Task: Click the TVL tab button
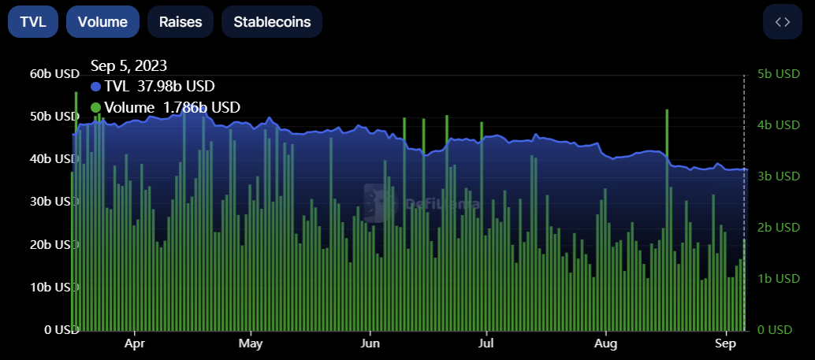33,22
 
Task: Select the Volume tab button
102,22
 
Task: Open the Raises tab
180,22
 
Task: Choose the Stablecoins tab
272,22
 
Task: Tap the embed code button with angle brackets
782,22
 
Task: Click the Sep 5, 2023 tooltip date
128,65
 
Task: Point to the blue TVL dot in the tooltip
96,87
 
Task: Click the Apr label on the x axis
135,344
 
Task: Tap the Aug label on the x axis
605,344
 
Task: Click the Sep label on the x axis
725,344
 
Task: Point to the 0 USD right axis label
778,330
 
